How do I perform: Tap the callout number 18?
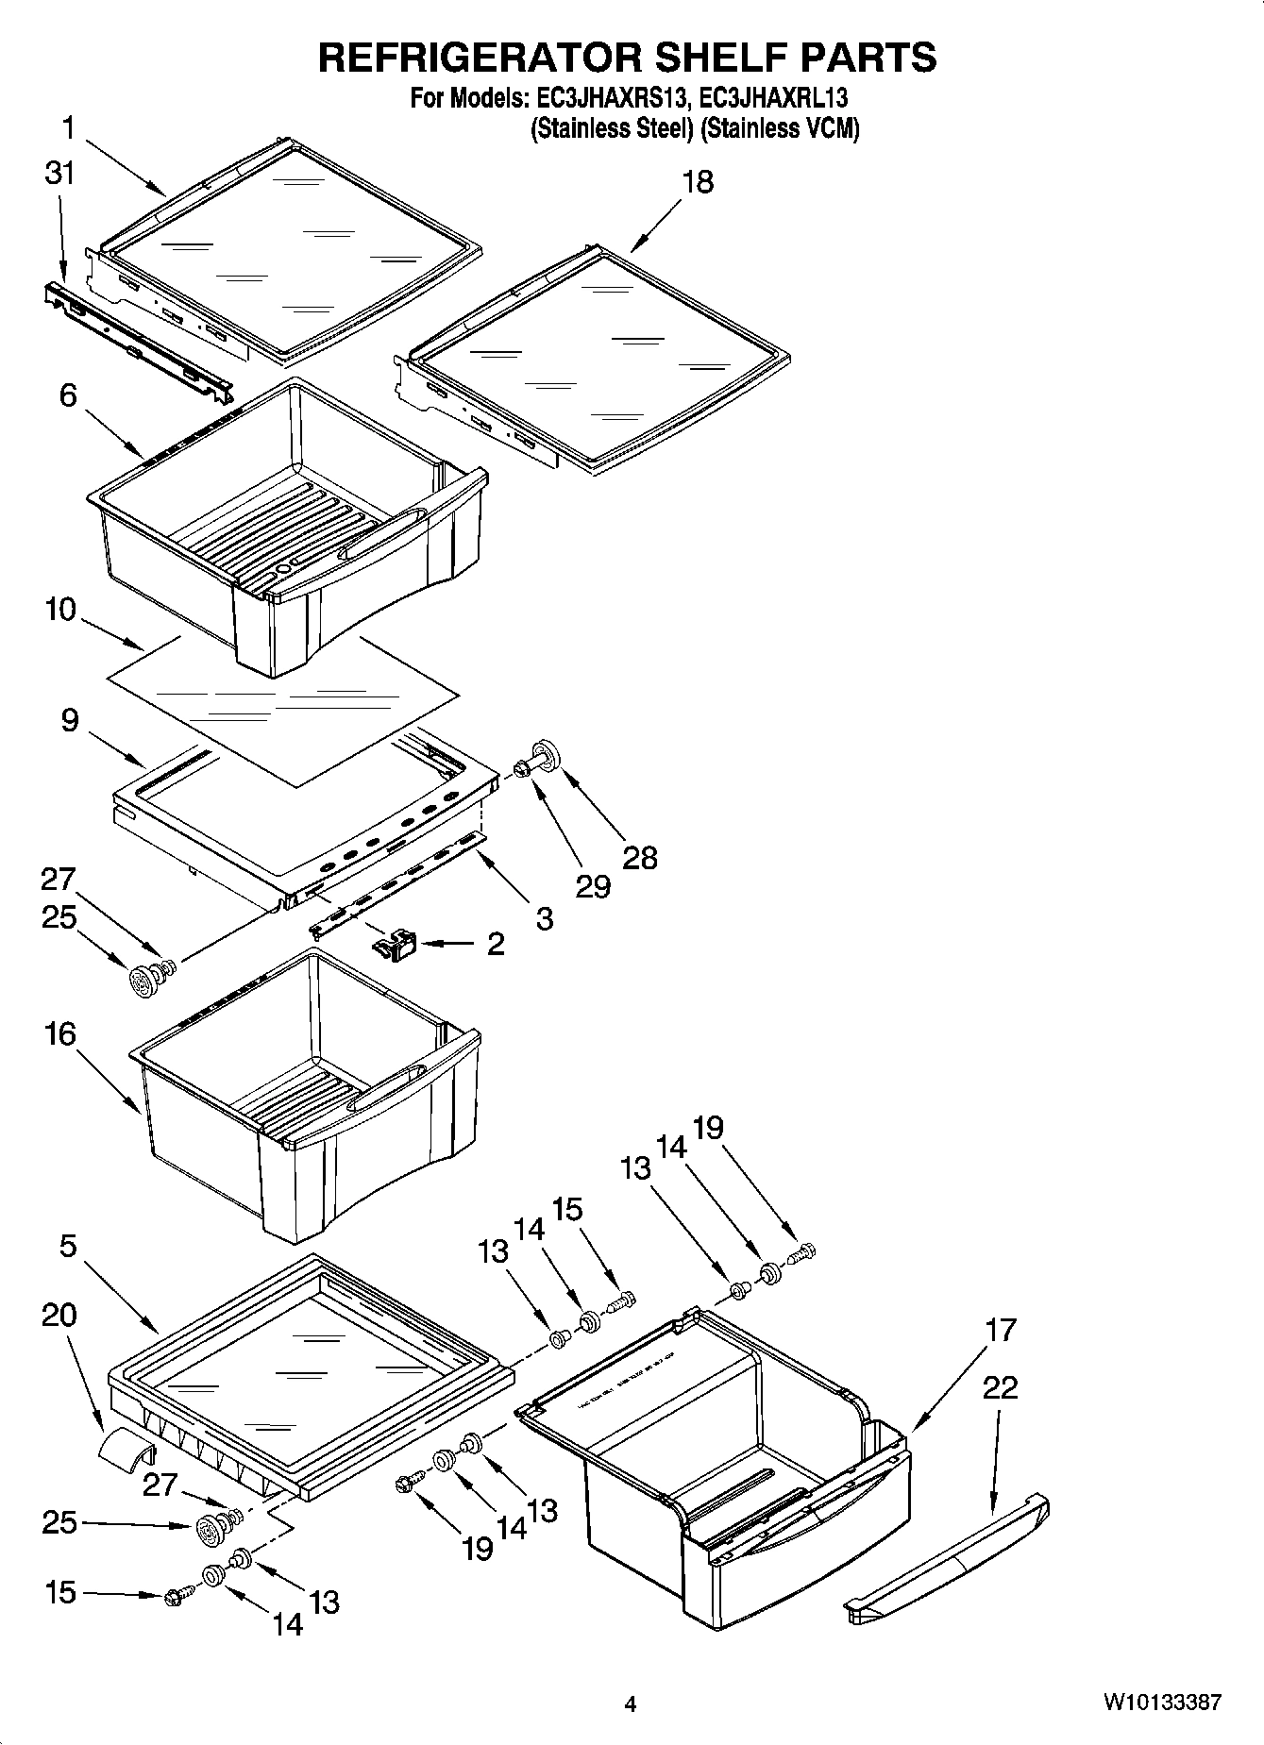click(698, 182)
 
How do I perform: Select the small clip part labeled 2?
click(396, 943)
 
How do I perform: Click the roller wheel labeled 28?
click(546, 756)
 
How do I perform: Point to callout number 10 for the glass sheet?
click(59, 610)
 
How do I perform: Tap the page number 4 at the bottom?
click(631, 1704)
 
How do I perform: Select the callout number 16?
click(59, 1034)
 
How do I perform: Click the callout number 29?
click(592, 886)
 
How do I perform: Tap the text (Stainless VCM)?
click(780, 129)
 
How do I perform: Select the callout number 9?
click(69, 721)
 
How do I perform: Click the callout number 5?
click(67, 1247)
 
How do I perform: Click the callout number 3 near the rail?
click(544, 918)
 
